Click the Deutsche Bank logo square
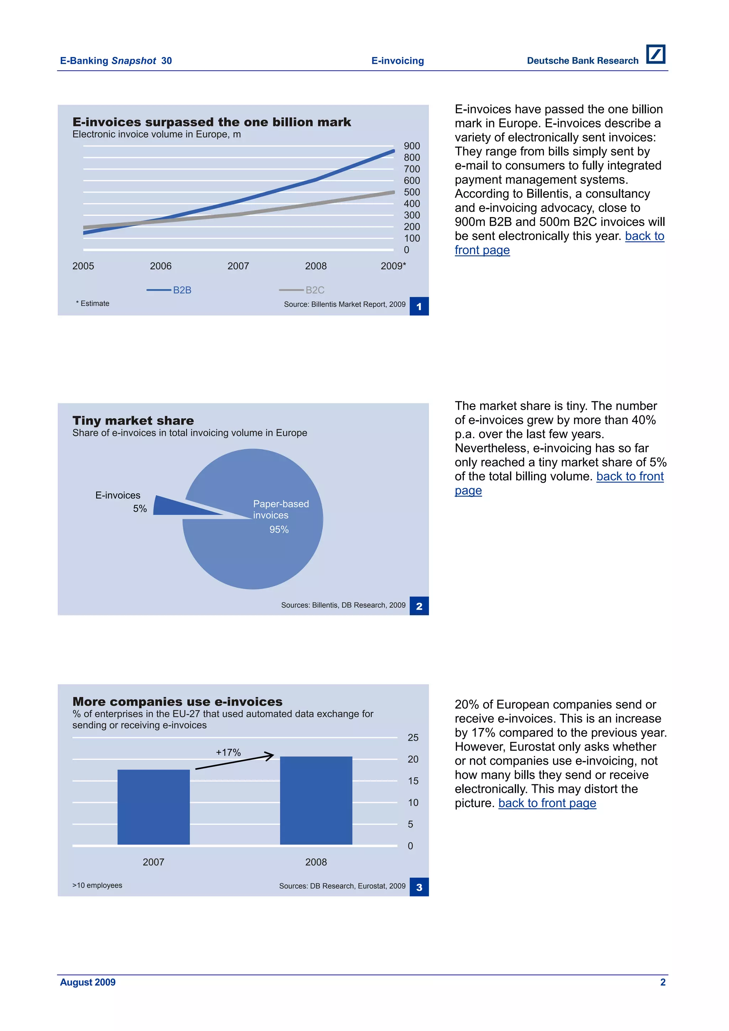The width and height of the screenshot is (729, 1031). (655, 54)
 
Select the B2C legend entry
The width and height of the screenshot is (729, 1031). (302, 290)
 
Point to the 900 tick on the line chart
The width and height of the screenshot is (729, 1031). (411, 146)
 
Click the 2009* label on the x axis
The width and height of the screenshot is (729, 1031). (393, 266)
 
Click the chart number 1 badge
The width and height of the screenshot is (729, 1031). (419, 306)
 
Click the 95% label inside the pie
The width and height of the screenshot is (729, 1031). (279, 529)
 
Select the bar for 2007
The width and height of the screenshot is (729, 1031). (153, 807)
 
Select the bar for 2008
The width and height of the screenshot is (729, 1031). (316, 800)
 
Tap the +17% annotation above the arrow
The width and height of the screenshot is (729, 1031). (228, 752)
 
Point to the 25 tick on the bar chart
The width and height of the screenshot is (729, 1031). (413, 737)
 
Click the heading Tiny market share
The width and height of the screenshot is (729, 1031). (133, 420)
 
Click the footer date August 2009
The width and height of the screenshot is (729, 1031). (88, 982)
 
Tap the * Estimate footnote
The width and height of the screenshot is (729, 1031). (93, 304)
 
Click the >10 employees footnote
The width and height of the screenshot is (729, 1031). (98, 885)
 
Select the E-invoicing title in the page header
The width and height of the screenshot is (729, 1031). (397, 61)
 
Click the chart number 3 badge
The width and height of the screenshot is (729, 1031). (419, 887)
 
